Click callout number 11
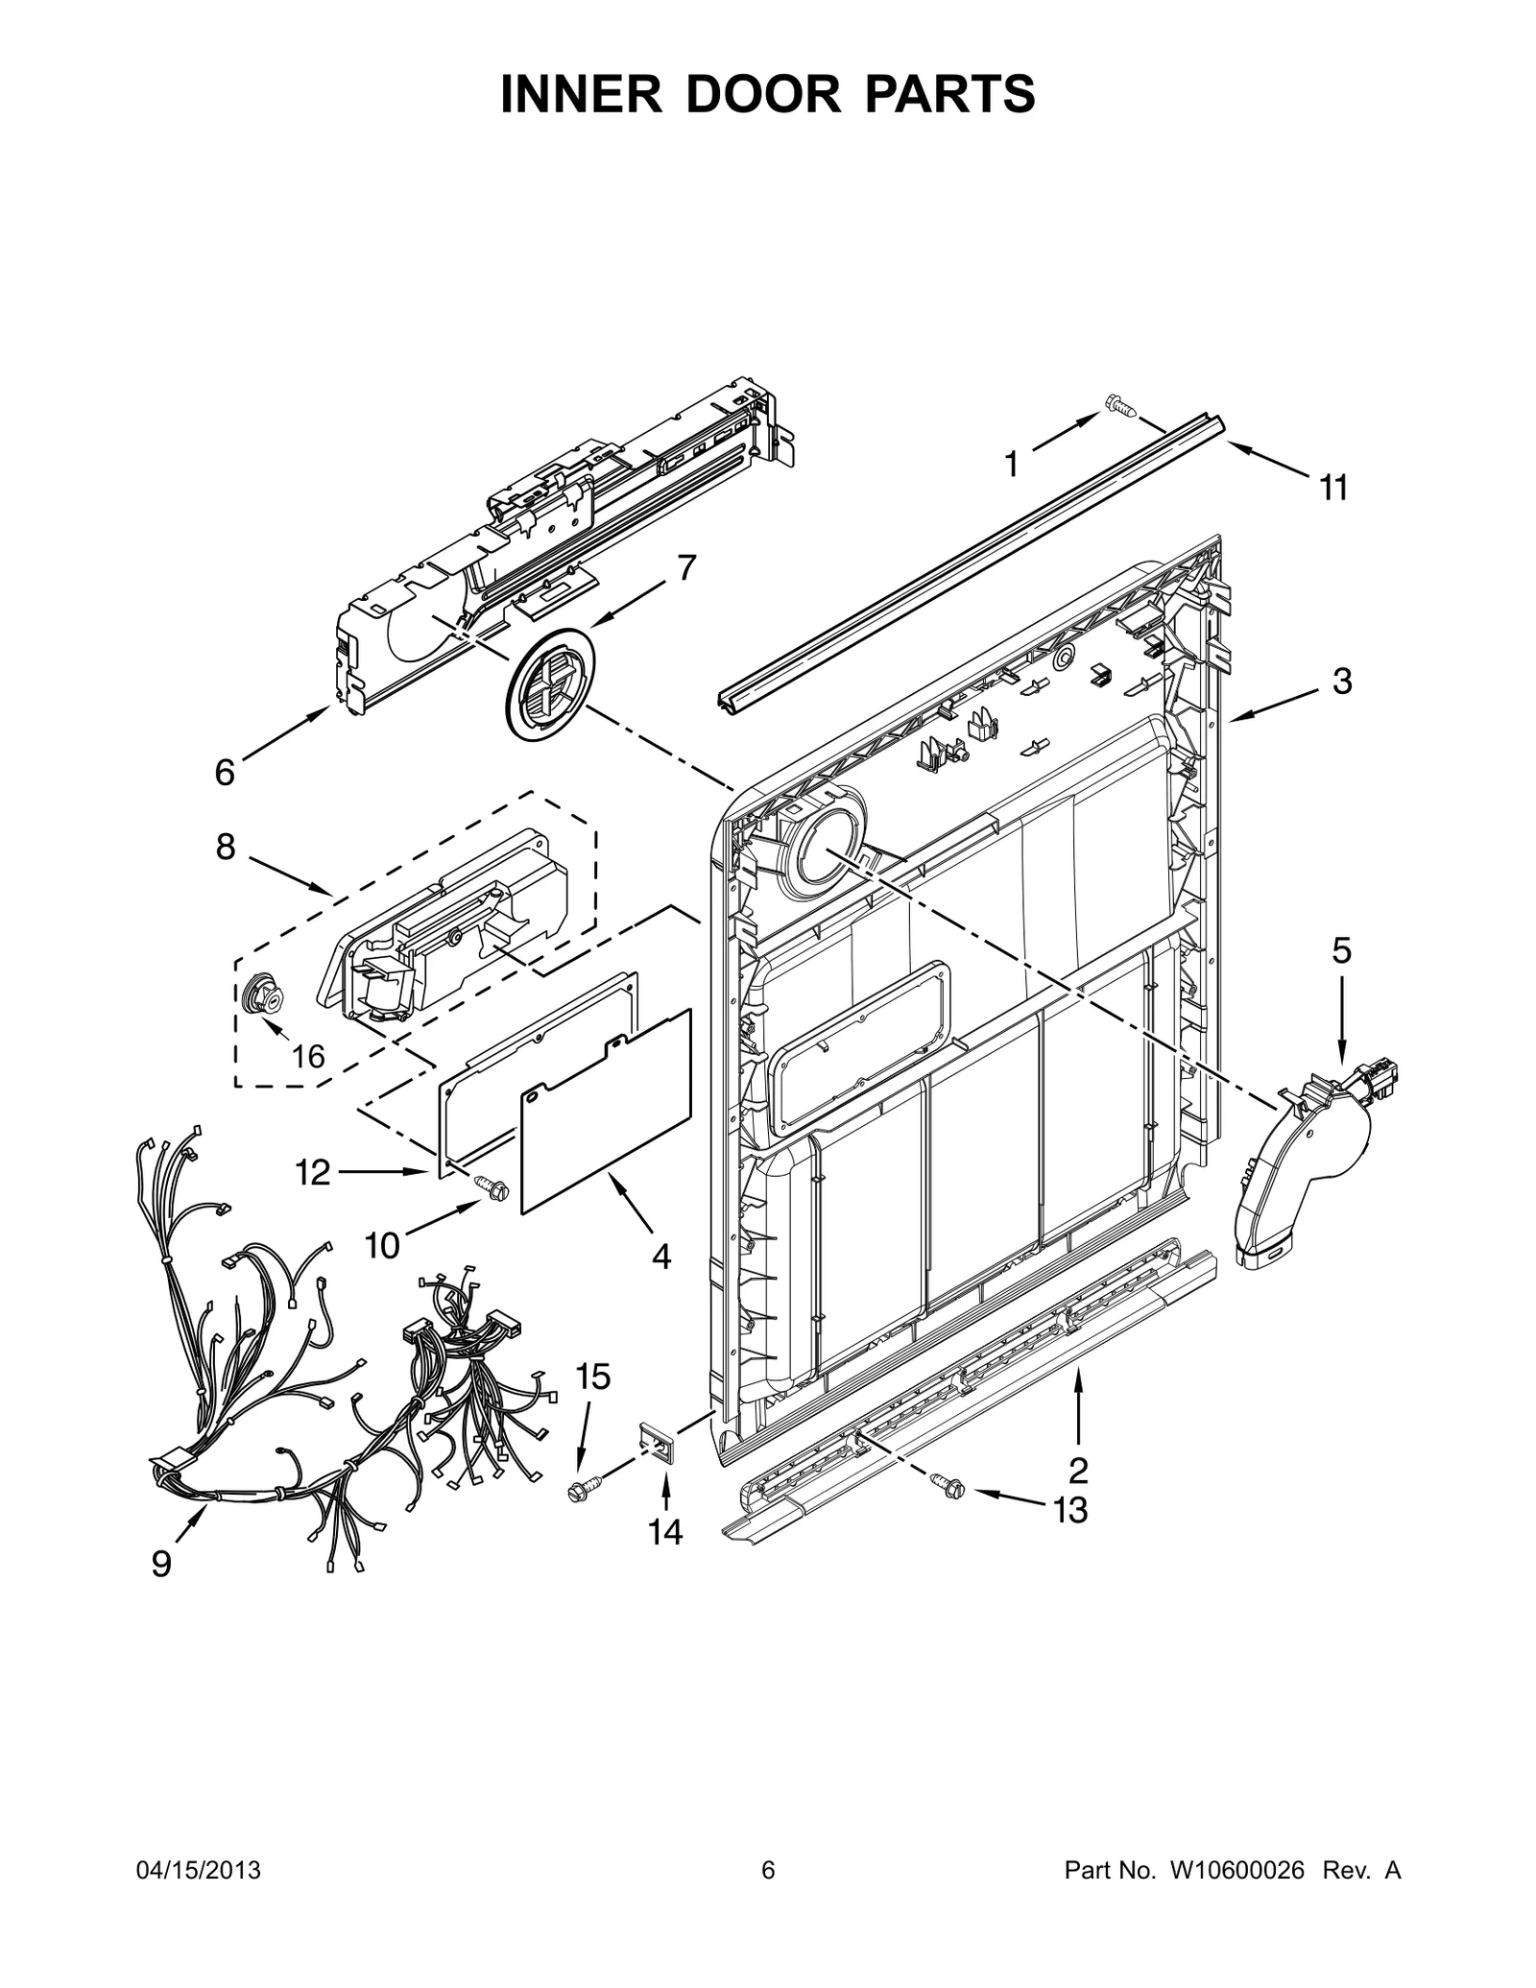(1333, 489)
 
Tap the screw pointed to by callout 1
(1119, 407)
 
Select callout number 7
(685, 568)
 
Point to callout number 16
(307, 1057)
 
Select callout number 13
(1069, 1510)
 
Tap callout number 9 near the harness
(161, 1565)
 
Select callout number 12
(313, 1172)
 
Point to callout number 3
(1341, 683)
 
